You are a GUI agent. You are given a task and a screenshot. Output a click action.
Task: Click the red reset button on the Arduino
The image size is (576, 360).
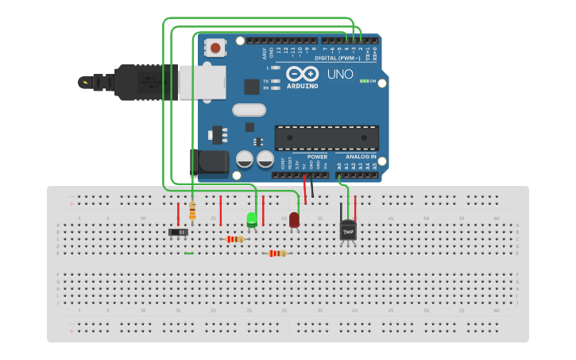click(x=216, y=48)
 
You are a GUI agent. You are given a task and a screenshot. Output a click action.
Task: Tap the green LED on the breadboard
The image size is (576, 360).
click(x=252, y=219)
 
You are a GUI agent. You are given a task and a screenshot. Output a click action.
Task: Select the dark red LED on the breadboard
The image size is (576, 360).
click(x=294, y=219)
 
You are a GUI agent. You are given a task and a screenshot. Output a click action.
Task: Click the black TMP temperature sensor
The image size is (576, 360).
click(x=348, y=230)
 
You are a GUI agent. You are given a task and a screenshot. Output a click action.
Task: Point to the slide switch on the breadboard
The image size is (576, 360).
click(x=180, y=232)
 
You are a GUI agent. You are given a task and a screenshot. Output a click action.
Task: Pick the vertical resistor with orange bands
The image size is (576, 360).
click(x=192, y=211)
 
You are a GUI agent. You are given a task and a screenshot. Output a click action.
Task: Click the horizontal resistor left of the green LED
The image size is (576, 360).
click(x=234, y=238)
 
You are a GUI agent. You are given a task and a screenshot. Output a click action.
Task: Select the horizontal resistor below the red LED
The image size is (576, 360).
click(x=277, y=254)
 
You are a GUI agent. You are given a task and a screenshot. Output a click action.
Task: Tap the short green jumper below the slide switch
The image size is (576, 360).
click(x=188, y=254)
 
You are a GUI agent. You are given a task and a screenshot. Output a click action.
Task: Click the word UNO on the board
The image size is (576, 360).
click(x=340, y=74)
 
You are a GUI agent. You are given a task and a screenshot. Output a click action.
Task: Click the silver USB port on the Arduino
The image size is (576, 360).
click(x=199, y=82)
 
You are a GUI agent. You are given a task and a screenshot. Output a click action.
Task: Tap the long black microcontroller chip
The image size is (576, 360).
click(x=327, y=137)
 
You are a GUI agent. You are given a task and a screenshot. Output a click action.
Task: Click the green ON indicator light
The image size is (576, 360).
click(x=363, y=81)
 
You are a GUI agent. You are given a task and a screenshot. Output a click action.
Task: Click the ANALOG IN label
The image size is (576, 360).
click(x=361, y=157)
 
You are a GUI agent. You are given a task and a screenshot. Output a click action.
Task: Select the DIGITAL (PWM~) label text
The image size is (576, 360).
click(x=337, y=58)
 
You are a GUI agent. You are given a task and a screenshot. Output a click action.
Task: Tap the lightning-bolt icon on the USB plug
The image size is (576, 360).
click(x=84, y=81)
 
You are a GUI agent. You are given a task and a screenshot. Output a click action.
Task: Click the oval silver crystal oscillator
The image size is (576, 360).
click(x=249, y=110)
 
